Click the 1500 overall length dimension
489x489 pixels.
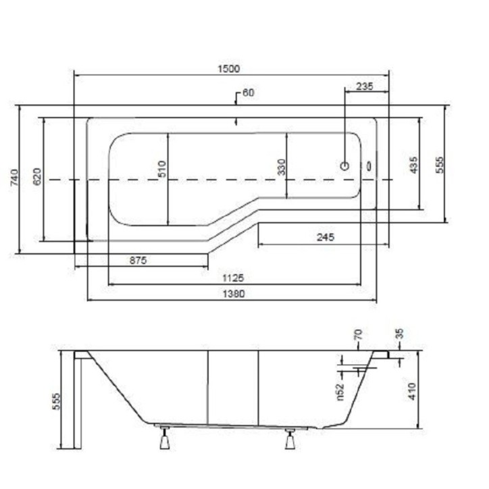[x=228, y=69]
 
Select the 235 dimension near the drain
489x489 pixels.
[x=364, y=86]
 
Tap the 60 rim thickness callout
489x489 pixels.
[x=249, y=93]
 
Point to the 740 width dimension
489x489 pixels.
[x=15, y=178]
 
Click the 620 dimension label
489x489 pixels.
[x=37, y=176]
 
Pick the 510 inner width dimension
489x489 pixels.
[x=162, y=169]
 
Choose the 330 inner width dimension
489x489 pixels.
[x=281, y=167]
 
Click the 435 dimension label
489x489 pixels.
[x=413, y=165]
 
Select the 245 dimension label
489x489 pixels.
[x=326, y=237]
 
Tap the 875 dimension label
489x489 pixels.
[x=138, y=260]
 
